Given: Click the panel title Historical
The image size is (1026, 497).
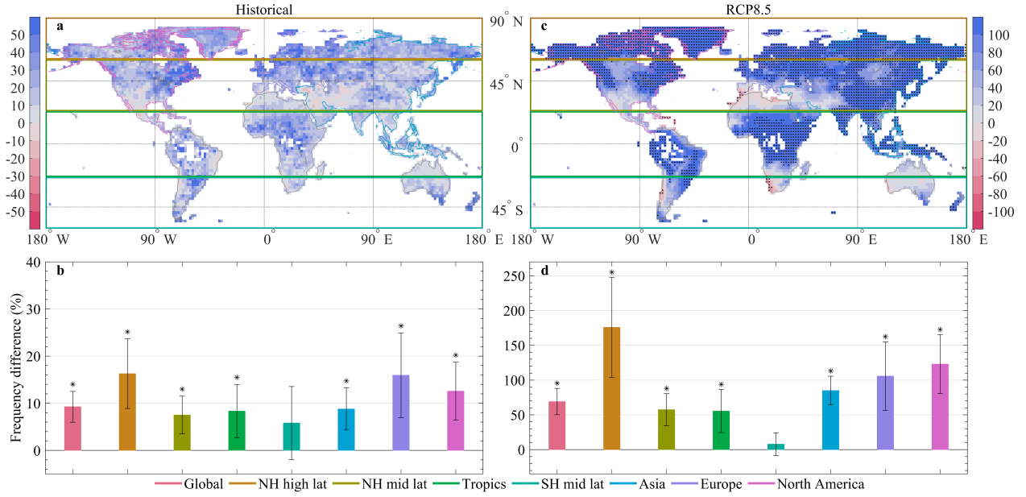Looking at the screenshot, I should [264, 10].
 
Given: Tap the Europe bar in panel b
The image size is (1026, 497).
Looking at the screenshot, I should [401, 412].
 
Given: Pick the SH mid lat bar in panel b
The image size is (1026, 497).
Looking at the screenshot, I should [292, 436].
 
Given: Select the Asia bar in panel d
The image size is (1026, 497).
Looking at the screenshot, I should [830, 420].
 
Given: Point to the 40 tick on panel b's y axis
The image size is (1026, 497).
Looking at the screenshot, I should [32, 262].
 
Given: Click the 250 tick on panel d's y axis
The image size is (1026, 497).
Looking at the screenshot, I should [509, 276].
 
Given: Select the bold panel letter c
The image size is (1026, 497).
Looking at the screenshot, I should [544, 27].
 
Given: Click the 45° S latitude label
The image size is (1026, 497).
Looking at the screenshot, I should [507, 211].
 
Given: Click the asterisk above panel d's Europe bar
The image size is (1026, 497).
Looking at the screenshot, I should [885, 338].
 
